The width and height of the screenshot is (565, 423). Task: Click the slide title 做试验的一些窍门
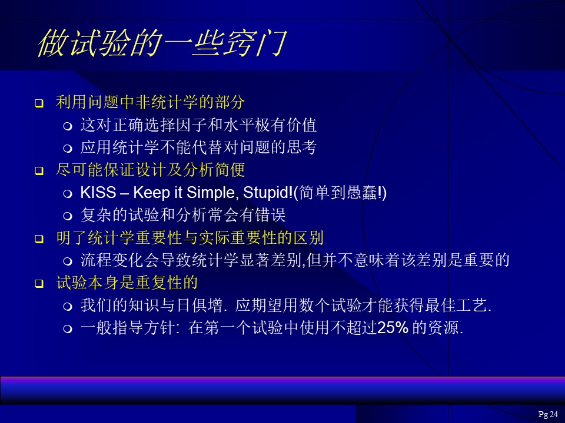coord(162,43)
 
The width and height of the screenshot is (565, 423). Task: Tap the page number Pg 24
coord(548,414)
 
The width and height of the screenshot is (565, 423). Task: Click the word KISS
coord(98,193)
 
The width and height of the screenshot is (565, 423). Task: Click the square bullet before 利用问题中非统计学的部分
coord(39,103)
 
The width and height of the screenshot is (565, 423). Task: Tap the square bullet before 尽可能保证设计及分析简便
coord(39,171)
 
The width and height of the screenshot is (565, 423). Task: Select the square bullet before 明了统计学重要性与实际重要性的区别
coord(39,239)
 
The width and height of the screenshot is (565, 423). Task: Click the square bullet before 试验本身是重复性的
coord(39,284)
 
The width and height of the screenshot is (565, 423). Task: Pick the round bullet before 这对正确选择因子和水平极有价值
coord(67,126)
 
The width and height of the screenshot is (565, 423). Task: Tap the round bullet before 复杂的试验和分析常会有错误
coord(67,216)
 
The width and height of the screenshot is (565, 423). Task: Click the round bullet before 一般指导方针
coord(67,329)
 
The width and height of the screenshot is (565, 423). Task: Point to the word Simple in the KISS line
coord(212,193)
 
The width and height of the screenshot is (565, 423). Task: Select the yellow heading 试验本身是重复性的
coord(127,283)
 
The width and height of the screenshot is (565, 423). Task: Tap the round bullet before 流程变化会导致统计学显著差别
coord(67,261)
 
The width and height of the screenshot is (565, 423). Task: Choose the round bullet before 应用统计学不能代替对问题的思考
coord(67,149)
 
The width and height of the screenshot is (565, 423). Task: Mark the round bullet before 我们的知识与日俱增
coord(67,307)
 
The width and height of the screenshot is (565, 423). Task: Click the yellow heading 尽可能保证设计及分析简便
coord(151,170)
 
